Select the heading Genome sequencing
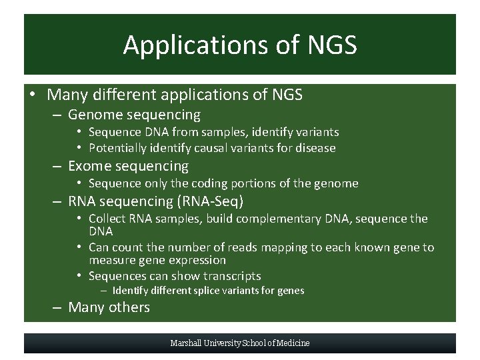tap(134, 115)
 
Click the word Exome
tap(90, 166)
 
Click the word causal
tap(201, 148)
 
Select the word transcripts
tap(230, 276)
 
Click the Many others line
tap(109, 307)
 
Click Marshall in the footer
tap(188, 343)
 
